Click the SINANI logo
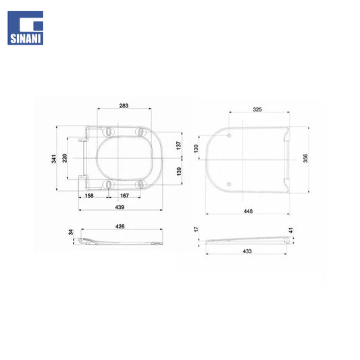pyautogui.click(x=25, y=28)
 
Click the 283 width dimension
pyautogui.click(x=124, y=105)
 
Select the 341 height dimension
pyautogui.click(x=53, y=159)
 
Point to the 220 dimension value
pyautogui.click(x=65, y=158)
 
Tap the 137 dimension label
pyautogui.click(x=178, y=146)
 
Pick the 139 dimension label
pyautogui.click(x=178, y=172)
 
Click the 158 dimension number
pyautogui.click(x=89, y=196)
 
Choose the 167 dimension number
pyautogui.click(x=124, y=196)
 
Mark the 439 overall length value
pyautogui.click(x=120, y=207)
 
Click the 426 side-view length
pyautogui.click(x=120, y=226)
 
